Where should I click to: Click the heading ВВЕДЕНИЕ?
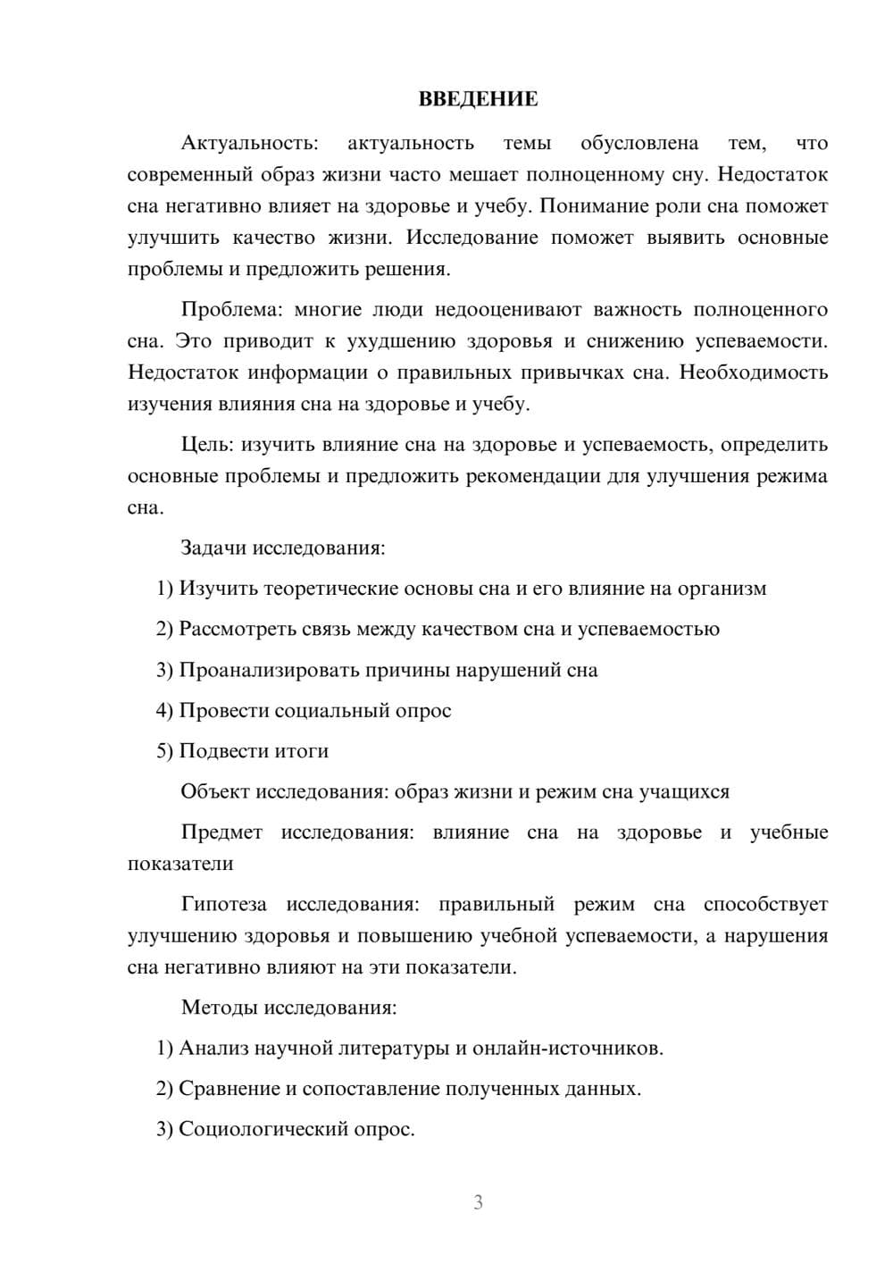pos(478,99)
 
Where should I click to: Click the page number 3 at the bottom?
pos(478,1202)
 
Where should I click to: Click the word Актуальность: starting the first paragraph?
pos(249,143)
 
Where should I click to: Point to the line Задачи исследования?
pos(282,548)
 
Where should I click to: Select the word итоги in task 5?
pos(299,751)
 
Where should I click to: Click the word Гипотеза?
pos(223,904)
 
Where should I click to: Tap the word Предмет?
pos(221,832)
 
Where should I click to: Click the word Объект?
pos(215,791)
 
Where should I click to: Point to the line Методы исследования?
pos(288,1008)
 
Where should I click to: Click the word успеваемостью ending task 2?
pos(648,629)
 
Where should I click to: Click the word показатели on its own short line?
pos(180,864)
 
